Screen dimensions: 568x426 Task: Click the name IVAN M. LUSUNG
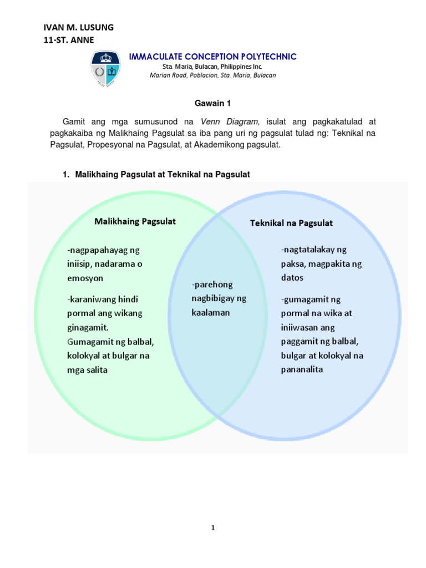click(x=78, y=28)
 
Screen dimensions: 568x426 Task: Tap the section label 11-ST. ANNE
click(x=69, y=40)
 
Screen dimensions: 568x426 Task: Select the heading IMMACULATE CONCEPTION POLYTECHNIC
click(x=212, y=57)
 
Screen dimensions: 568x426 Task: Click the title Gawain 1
click(x=212, y=102)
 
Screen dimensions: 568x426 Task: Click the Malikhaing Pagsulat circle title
click(x=135, y=221)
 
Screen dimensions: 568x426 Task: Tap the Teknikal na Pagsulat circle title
click(x=291, y=223)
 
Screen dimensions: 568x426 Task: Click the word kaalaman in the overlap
click(x=206, y=312)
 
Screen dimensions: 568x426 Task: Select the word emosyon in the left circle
click(x=85, y=278)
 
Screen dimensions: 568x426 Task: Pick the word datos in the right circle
click(x=292, y=277)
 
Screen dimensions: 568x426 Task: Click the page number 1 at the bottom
click(x=212, y=528)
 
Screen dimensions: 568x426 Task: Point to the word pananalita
click(x=302, y=369)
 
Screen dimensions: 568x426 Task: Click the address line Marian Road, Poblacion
click(x=212, y=75)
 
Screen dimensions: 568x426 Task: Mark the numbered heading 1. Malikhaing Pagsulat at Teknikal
click(x=156, y=174)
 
